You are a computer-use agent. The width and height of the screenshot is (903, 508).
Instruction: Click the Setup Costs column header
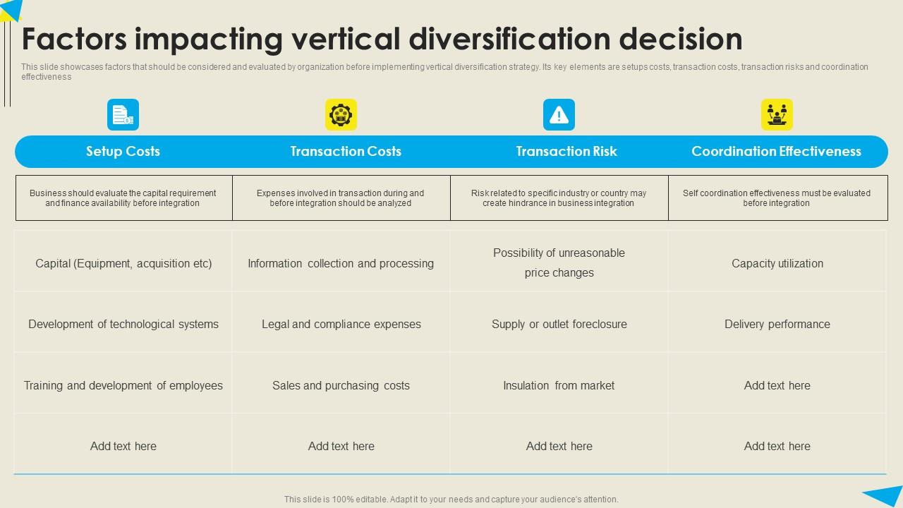tap(123, 151)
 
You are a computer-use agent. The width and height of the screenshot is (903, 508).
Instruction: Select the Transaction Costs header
tap(346, 151)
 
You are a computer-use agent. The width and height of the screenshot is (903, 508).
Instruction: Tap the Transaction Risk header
tap(566, 151)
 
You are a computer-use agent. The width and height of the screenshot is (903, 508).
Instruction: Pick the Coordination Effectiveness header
tap(776, 151)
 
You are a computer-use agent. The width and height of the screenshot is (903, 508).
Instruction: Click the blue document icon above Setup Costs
tap(123, 114)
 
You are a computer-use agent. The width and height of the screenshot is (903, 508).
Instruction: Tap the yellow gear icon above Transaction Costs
tap(341, 114)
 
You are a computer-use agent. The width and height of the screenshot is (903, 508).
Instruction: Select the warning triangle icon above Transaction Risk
tap(559, 114)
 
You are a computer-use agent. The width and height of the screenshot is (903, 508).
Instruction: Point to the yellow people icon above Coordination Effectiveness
tap(777, 114)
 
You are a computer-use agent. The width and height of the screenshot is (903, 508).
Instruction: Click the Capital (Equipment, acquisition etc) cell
tap(123, 263)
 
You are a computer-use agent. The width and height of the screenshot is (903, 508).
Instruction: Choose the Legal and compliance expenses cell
tap(341, 324)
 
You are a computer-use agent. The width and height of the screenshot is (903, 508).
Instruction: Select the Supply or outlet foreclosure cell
tap(559, 324)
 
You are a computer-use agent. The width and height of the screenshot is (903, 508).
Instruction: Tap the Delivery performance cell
tap(777, 324)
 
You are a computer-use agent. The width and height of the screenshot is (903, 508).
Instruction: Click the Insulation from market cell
tap(559, 385)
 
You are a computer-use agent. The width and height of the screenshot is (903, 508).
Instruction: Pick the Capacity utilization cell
tap(777, 263)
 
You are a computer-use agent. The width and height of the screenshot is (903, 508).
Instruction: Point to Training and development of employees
tap(123, 385)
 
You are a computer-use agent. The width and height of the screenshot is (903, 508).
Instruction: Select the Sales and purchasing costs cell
tap(341, 385)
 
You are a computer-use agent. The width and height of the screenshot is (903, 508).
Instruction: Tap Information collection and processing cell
tap(341, 263)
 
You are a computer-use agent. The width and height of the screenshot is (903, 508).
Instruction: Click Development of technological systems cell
tap(123, 324)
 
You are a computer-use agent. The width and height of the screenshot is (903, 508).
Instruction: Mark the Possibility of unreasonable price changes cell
tap(559, 262)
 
